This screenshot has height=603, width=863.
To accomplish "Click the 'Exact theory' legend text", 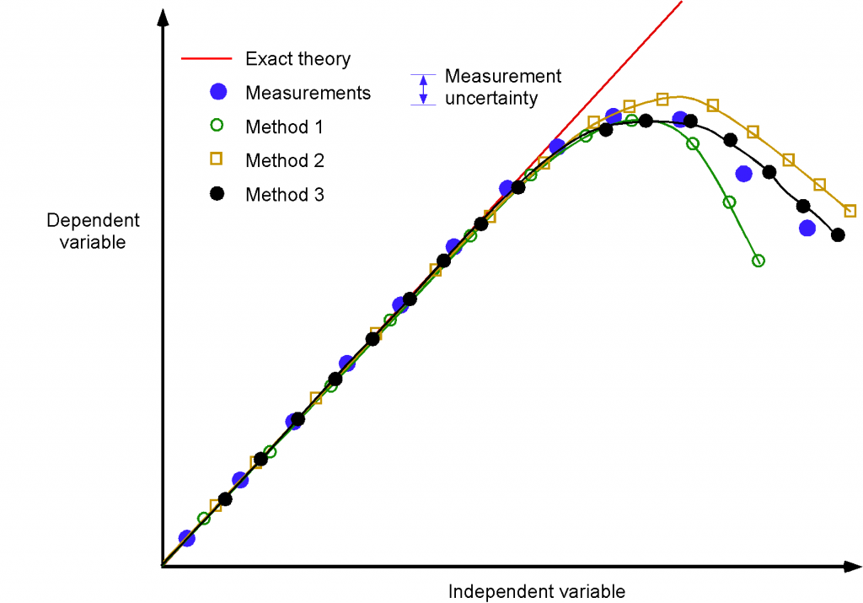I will pyautogui.click(x=297, y=59).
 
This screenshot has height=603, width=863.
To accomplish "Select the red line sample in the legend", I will pyautogui.click(x=206, y=59).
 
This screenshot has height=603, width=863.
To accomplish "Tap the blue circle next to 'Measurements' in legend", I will pyautogui.click(x=218, y=92).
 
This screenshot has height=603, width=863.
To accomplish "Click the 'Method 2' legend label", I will pyautogui.click(x=285, y=160).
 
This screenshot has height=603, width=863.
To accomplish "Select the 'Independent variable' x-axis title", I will pyautogui.click(x=537, y=590).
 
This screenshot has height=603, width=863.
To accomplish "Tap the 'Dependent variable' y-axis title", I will pyautogui.click(x=93, y=231).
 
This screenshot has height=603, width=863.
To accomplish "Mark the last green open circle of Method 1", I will pyautogui.click(x=758, y=261).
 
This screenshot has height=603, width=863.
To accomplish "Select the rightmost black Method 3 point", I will pyautogui.click(x=838, y=234).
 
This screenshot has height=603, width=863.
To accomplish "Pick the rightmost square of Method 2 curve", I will pyautogui.click(x=850, y=211).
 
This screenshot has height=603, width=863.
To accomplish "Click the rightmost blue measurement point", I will pyautogui.click(x=807, y=228).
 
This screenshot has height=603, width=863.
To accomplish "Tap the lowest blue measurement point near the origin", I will pyautogui.click(x=187, y=538).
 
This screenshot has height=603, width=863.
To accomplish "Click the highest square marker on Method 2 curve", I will pyautogui.click(x=662, y=99).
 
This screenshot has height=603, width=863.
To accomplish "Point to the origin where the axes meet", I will pyautogui.click(x=161, y=566).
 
